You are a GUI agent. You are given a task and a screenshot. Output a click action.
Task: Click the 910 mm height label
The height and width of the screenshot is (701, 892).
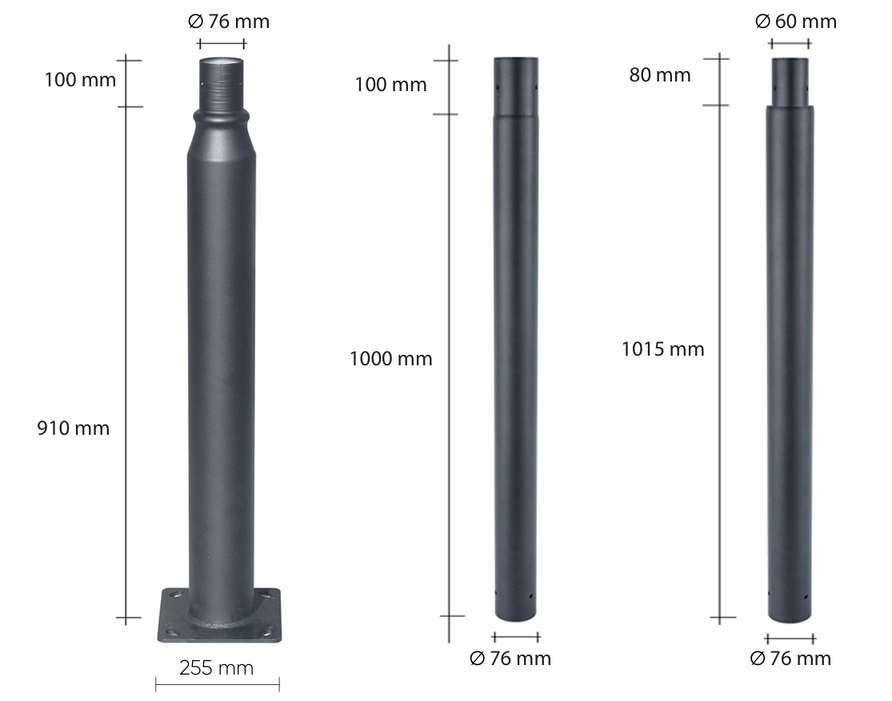[73, 428]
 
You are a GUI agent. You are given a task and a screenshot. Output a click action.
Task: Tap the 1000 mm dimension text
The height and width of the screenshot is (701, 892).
[390, 359]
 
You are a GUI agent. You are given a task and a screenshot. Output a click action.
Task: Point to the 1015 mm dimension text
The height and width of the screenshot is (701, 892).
[662, 349]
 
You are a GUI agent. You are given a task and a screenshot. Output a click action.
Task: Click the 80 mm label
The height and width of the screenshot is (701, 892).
[659, 75]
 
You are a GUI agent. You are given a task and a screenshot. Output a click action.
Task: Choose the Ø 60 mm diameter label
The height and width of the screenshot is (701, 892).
[795, 22]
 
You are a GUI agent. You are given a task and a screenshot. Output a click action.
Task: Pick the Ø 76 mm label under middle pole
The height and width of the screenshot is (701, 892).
[510, 659]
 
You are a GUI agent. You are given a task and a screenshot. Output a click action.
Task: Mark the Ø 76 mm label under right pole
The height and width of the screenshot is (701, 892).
[790, 659]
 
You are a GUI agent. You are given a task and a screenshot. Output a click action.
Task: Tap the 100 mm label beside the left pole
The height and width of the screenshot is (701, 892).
[79, 80]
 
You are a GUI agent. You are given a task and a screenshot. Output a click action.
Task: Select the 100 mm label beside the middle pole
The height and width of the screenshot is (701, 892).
[390, 85]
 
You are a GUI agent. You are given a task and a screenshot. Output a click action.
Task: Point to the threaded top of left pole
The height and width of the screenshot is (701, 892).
[222, 83]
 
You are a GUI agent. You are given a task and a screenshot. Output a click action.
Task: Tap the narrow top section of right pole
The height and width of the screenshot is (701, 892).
[790, 82]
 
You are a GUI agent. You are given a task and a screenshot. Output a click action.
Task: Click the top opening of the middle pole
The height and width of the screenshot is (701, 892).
[516, 60]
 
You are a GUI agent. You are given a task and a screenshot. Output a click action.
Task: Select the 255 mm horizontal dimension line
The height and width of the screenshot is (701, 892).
[217, 684]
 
